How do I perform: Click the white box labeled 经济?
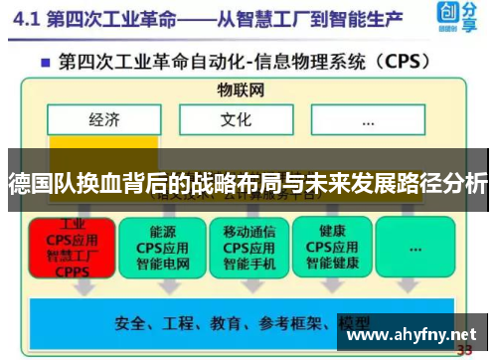pos(104,121)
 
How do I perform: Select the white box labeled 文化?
pos(237,121)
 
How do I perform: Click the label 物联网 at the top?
pos(242,90)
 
